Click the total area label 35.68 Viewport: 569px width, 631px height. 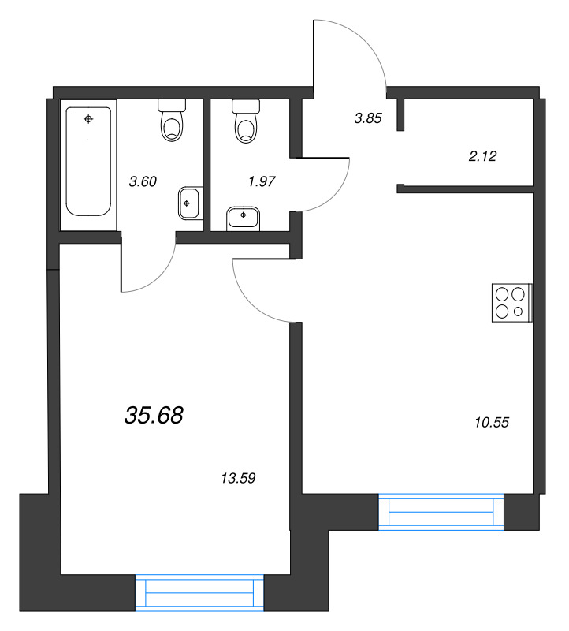(x=154, y=415)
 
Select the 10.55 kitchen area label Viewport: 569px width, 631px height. (x=493, y=422)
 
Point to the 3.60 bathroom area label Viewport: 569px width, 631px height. (x=143, y=181)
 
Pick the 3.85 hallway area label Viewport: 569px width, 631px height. (x=368, y=118)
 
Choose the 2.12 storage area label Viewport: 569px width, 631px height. (x=482, y=155)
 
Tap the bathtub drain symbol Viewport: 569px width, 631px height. (x=88, y=119)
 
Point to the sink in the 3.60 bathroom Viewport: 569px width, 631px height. (x=189, y=203)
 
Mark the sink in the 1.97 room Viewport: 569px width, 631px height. (x=244, y=216)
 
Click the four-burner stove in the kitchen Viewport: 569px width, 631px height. (x=511, y=302)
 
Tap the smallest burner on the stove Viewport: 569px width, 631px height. (x=518, y=312)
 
